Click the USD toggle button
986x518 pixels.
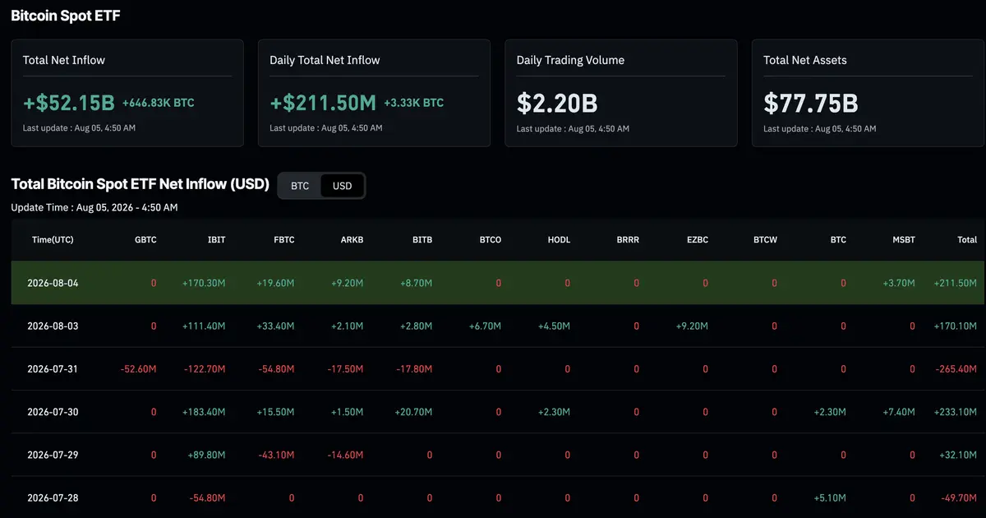(342, 186)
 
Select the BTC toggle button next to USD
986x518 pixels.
(300, 186)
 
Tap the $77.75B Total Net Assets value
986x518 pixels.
(811, 103)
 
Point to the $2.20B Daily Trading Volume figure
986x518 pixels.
(557, 103)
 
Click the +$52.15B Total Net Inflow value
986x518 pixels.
(69, 103)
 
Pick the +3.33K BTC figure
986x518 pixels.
(414, 103)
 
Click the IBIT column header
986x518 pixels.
(216, 239)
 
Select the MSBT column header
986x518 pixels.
(904, 239)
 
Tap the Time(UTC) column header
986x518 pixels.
(53, 239)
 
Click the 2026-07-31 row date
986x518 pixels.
(53, 368)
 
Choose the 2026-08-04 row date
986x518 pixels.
(53, 283)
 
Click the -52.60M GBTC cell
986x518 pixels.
(138, 368)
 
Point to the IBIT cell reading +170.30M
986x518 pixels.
(204, 283)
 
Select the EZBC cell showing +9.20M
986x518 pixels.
(692, 326)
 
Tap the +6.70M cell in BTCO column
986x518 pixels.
(485, 326)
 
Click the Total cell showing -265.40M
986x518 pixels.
(956, 368)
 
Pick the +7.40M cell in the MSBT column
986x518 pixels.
(899, 412)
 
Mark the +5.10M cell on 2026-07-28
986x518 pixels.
(830, 497)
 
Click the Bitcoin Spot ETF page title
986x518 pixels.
(66, 16)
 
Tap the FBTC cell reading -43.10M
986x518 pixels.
(276, 455)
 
